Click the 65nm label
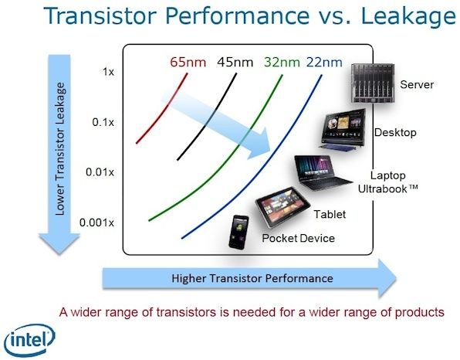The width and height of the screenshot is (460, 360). (x=188, y=63)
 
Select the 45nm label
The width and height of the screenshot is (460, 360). (x=235, y=63)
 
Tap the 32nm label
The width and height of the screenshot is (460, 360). (x=282, y=63)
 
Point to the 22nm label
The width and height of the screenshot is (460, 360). (x=324, y=63)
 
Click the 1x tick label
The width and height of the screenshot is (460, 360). (x=108, y=72)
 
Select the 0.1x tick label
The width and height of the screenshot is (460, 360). (x=103, y=122)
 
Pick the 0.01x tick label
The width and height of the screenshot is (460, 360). (x=100, y=172)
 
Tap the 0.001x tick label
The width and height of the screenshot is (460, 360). (x=96, y=222)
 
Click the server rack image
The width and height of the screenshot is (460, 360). (x=373, y=83)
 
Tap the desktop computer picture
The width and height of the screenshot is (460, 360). (x=343, y=129)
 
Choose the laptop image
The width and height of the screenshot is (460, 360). (x=322, y=172)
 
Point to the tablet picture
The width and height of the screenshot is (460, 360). (x=282, y=207)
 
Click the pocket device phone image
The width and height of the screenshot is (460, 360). (x=238, y=232)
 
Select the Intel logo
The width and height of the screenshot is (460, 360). (x=29, y=341)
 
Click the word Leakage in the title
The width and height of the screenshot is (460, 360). (x=408, y=15)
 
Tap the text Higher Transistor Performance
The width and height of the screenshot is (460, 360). (x=252, y=278)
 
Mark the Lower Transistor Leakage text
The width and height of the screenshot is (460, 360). (x=60, y=148)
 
